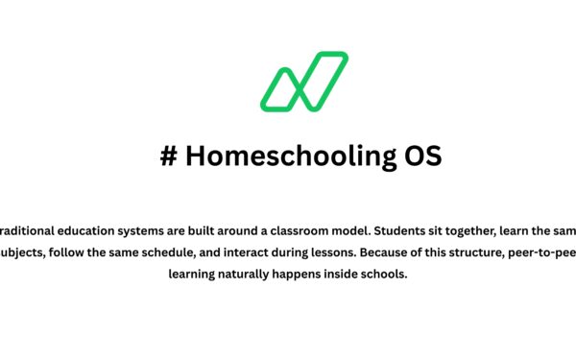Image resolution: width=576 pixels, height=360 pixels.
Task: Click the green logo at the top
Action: pos(304,81)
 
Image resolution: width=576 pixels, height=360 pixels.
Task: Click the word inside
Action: pos(355,274)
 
